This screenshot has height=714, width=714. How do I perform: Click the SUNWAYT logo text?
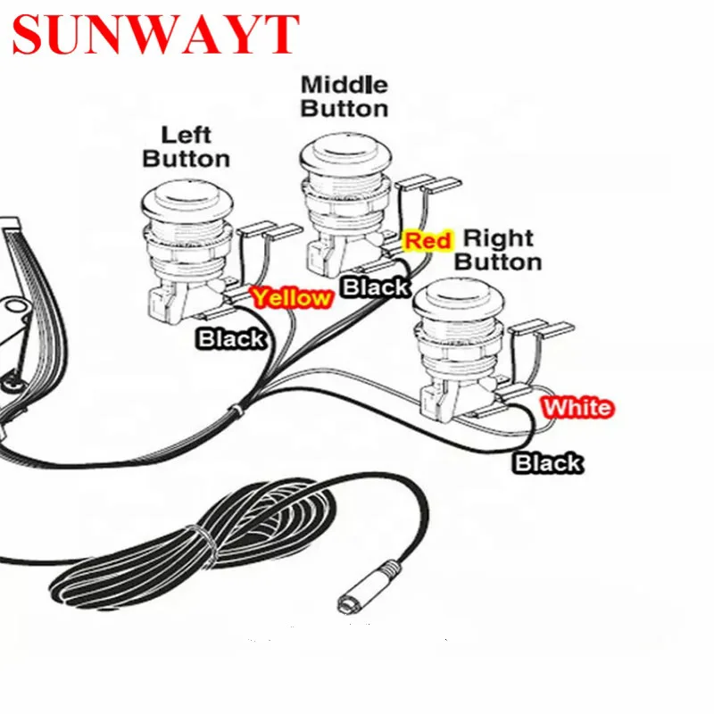click(154, 35)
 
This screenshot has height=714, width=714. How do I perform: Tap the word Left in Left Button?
click(186, 135)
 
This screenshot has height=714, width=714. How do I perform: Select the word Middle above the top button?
click(344, 85)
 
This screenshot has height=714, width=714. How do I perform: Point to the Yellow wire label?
click(290, 298)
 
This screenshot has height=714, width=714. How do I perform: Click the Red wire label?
click(428, 240)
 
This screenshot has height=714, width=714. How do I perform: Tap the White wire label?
click(578, 408)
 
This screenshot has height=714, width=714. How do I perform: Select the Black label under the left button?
click(231, 338)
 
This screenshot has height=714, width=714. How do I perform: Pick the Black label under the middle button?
click(376, 286)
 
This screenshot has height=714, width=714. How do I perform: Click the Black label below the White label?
click(547, 462)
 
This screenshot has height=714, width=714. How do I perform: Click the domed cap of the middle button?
click(345, 154)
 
